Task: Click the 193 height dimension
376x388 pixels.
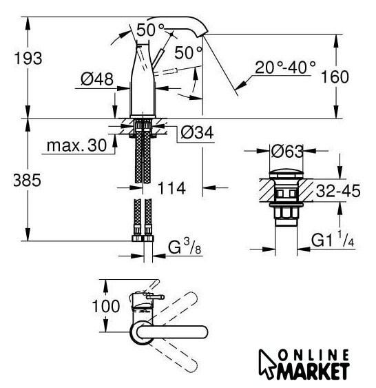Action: (x=28, y=59)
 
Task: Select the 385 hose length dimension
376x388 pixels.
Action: (x=27, y=180)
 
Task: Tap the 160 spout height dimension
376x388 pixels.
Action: (x=335, y=76)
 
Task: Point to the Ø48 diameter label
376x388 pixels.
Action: (x=97, y=79)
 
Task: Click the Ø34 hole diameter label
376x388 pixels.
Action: (x=197, y=132)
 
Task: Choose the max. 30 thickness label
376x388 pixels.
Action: (x=76, y=145)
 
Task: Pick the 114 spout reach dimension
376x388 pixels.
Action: (x=171, y=188)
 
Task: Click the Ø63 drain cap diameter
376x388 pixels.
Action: (x=287, y=151)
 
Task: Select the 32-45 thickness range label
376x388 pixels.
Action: (x=338, y=191)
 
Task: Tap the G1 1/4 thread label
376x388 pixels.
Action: (x=333, y=239)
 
